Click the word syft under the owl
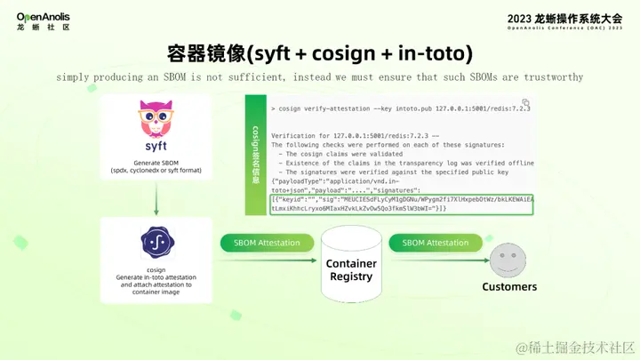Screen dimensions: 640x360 156,146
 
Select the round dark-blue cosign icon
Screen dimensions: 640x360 156,243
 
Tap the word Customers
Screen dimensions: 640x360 509,287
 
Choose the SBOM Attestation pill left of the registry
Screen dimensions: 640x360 267,243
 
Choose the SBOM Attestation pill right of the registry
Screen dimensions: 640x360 436,243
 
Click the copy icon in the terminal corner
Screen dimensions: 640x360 526,103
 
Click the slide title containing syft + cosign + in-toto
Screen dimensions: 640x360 319,52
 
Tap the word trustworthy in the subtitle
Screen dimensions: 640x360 551,76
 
